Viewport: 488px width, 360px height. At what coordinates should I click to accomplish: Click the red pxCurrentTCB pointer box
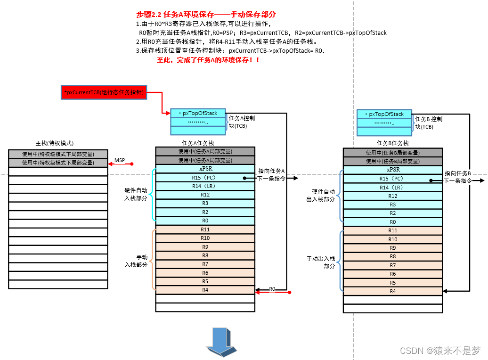(105, 92)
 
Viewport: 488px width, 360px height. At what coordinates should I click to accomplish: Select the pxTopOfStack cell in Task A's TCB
(198, 113)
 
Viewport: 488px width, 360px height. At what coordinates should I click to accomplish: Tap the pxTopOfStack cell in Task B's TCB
(384, 114)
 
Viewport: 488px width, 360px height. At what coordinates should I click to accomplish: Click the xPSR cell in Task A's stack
(205, 169)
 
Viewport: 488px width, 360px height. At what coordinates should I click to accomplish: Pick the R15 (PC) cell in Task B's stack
(392, 179)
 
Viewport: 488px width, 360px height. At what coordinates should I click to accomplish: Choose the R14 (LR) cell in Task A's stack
(205, 186)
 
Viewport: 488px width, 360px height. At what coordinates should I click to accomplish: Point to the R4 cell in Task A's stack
(205, 290)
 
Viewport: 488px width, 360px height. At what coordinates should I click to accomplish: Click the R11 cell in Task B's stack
(392, 230)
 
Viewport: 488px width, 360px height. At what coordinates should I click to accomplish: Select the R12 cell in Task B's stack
(392, 196)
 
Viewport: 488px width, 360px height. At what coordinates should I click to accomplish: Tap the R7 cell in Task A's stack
(205, 264)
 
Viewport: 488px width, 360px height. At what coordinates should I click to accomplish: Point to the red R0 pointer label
(272, 288)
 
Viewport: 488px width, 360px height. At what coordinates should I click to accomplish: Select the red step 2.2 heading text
(206, 15)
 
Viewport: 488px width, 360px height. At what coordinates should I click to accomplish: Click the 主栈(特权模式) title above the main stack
(55, 143)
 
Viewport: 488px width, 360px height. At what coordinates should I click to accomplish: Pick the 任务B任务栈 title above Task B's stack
(392, 143)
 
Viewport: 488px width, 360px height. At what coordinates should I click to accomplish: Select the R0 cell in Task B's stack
(392, 222)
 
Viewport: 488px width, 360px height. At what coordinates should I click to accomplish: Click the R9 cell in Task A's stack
(205, 246)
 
